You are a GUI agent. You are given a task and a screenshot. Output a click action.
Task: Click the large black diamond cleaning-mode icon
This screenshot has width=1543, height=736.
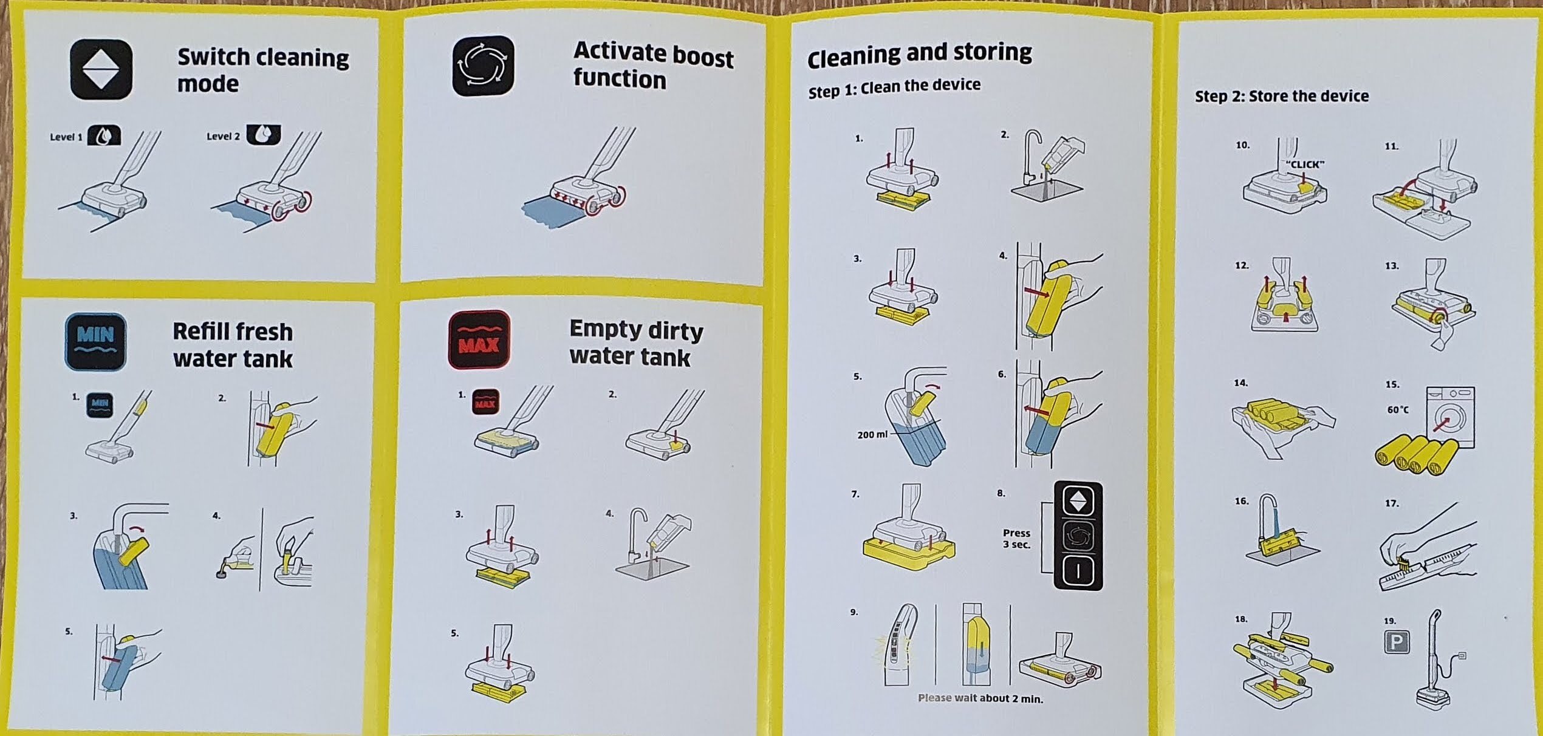point(101,69)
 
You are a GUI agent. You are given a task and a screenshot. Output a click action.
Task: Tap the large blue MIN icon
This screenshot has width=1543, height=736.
point(95,342)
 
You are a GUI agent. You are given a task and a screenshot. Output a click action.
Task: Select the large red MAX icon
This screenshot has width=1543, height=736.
point(479,339)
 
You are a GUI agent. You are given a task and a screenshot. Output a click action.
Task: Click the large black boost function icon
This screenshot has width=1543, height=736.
point(484,66)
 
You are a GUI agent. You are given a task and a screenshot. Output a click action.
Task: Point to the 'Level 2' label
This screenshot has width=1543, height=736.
point(223,137)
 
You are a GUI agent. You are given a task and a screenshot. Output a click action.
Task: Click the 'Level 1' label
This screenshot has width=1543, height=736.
point(66,137)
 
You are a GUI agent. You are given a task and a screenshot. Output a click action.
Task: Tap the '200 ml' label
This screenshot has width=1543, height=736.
point(872,435)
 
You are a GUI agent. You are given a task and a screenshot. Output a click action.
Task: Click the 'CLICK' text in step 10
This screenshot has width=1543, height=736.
point(1305,165)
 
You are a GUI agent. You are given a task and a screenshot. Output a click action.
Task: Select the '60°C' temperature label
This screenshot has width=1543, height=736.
point(1398,410)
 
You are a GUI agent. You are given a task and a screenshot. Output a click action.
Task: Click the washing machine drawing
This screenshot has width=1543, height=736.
point(1449,417)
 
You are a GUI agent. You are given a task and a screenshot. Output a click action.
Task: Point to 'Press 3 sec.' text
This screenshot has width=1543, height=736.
point(1016,539)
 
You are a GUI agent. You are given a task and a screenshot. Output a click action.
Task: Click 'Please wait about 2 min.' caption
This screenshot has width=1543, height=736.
point(980,698)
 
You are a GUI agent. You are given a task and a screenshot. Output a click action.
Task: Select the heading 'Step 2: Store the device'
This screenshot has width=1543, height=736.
point(1282,96)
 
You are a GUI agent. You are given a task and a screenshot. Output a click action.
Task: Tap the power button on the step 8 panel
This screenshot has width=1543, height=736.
point(1078,571)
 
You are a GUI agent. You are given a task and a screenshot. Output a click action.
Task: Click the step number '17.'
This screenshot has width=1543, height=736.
point(1392,503)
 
